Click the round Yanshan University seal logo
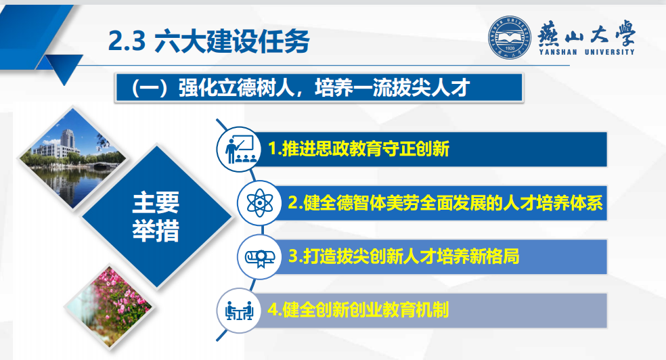(x=509, y=37)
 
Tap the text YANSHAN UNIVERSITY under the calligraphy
(x=587, y=52)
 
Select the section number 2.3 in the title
(x=127, y=41)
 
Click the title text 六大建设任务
(x=232, y=41)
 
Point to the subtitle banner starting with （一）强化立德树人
(x=319, y=88)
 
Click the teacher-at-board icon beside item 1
(x=239, y=150)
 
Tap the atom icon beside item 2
(x=259, y=203)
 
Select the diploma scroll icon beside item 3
(x=259, y=256)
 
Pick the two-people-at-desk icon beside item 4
(x=239, y=311)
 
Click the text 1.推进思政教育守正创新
(x=359, y=149)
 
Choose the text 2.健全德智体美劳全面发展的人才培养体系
(x=445, y=203)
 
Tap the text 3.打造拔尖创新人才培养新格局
(x=403, y=256)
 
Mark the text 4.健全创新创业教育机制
(x=358, y=310)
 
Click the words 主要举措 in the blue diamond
(x=156, y=217)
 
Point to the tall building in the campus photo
(x=68, y=139)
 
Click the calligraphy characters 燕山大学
(x=587, y=33)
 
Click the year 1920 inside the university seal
(x=510, y=48)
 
